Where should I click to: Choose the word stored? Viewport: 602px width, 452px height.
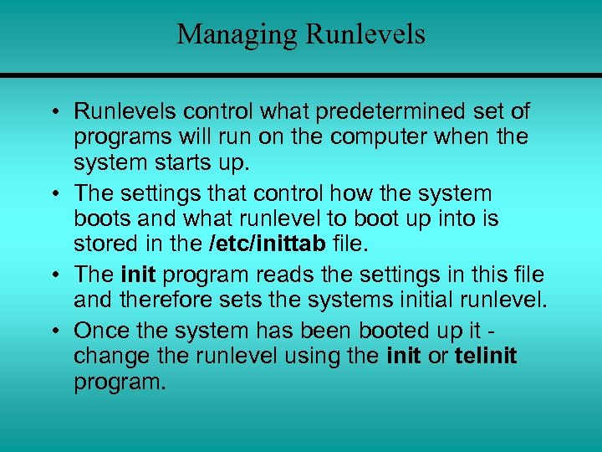pos(105,245)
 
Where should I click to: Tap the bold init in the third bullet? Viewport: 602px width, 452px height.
pos(139,274)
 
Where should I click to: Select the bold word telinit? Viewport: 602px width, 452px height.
pos(486,356)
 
